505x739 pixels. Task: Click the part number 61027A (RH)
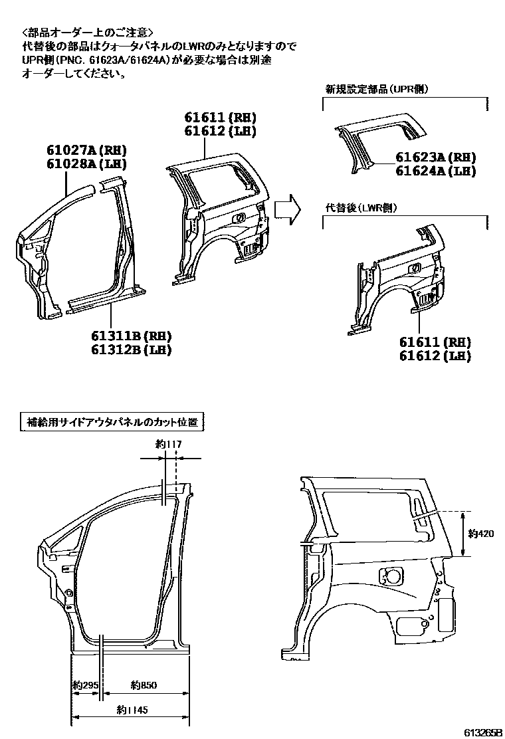86,150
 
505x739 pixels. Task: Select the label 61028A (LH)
86,164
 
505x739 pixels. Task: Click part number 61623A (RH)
436,158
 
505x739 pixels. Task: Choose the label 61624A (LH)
436,171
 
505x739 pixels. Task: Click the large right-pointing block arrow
287,208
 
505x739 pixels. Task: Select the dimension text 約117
163,445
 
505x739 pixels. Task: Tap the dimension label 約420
480,532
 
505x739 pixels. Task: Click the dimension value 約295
86,685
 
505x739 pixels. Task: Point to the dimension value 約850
144,685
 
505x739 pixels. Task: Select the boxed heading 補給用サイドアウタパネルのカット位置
112,422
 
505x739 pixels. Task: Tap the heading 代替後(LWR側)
361,208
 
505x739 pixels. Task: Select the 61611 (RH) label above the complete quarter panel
220,118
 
